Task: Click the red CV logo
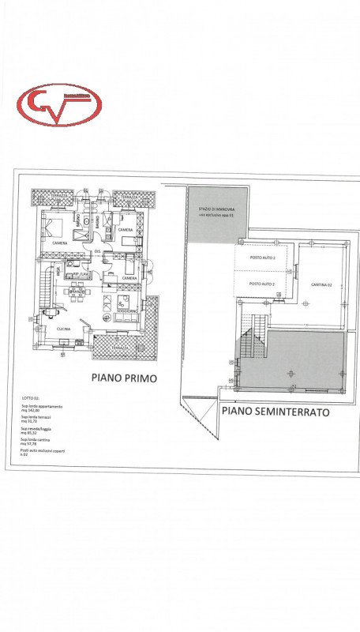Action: tap(59, 105)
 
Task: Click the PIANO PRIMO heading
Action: tap(124, 378)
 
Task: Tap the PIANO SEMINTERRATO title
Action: tap(275, 412)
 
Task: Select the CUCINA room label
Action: tap(64, 329)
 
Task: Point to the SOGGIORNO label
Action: tap(126, 310)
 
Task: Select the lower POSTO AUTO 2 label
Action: tap(262, 284)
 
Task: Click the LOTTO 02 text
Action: tap(31, 399)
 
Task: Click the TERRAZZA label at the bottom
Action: tap(121, 347)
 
